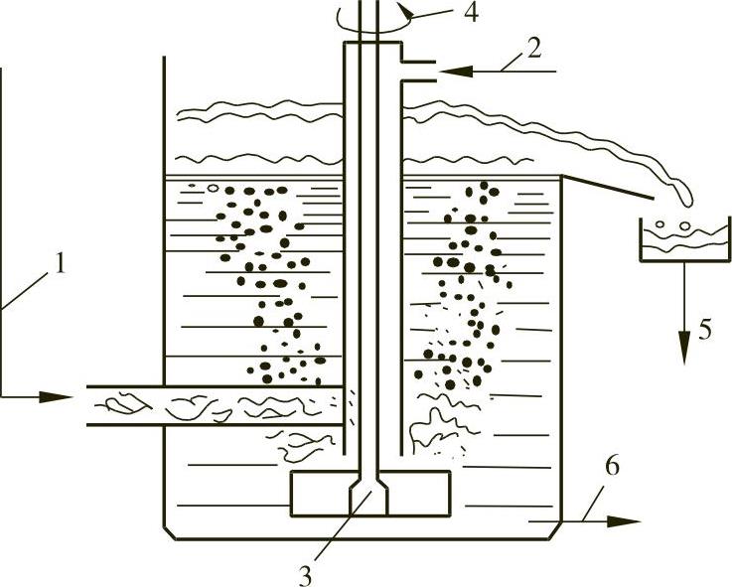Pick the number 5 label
point(704,329)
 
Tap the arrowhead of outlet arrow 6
point(630,519)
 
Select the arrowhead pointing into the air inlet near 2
point(449,70)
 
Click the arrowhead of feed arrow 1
point(61,397)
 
